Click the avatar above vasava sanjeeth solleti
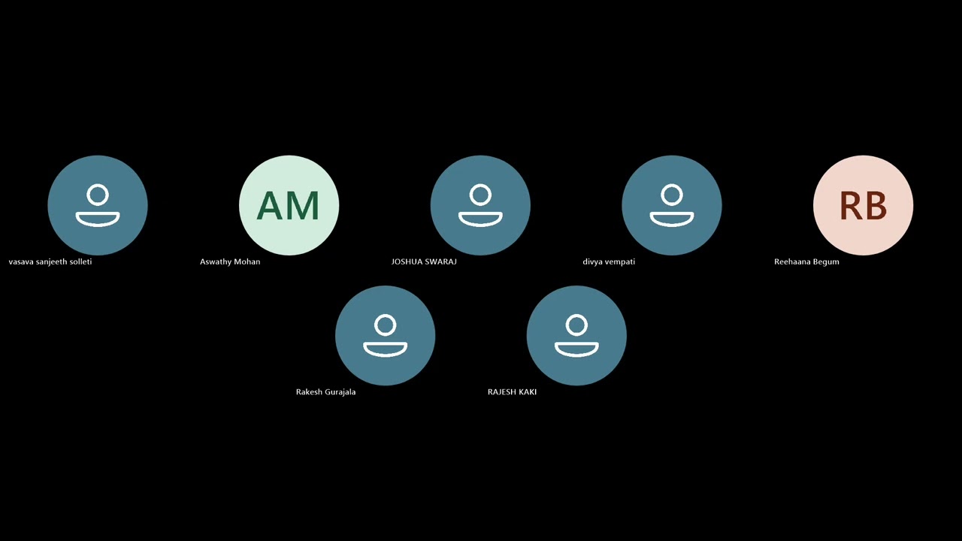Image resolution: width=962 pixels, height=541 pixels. pyautogui.click(x=98, y=205)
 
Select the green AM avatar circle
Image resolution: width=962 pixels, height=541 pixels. pyautogui.click(x=289, y=205)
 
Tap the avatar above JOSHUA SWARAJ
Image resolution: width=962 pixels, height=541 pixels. pyautogui.click(x=480, y=205)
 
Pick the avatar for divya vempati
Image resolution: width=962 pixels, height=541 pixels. pyautogui.click(x=672, y=205)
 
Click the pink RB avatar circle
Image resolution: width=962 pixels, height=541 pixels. pyautogui.click(x=864, y=205)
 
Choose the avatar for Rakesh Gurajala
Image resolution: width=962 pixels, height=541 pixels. pyautogui.click(x=386, y=335)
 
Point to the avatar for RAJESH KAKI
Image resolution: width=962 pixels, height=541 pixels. pyautogui.click(x=576, y=335)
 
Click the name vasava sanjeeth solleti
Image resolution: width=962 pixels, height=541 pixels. pyautogui.click(x=50, y=262)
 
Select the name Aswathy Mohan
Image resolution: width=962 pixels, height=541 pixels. pyautogui.click(x=230, y=262)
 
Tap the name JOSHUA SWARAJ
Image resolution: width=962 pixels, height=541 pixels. pyautogui.click(x=424, y=262)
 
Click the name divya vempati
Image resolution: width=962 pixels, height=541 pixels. pyautogui.click(x=609, y=262)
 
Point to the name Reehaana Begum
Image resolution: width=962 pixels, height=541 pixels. pyautogui.click(x=806, y=262)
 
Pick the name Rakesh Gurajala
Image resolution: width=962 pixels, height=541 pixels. pyautogui.click(x=326, y=392)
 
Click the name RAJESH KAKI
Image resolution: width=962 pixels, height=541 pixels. pyautogui.click(x=512, y=392)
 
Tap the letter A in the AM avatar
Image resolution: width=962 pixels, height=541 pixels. pyautogui.click(x=271, y=206)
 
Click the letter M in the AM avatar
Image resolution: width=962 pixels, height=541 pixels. pyautogui.click(x=304, y=206)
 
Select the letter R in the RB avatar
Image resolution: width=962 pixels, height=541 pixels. pyautogui.click(x=850, y=206)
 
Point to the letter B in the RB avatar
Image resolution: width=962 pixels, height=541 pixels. pyautogui.click(x=876, y=206)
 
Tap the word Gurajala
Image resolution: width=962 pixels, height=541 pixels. pyautogui.click(x=340, y=392)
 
